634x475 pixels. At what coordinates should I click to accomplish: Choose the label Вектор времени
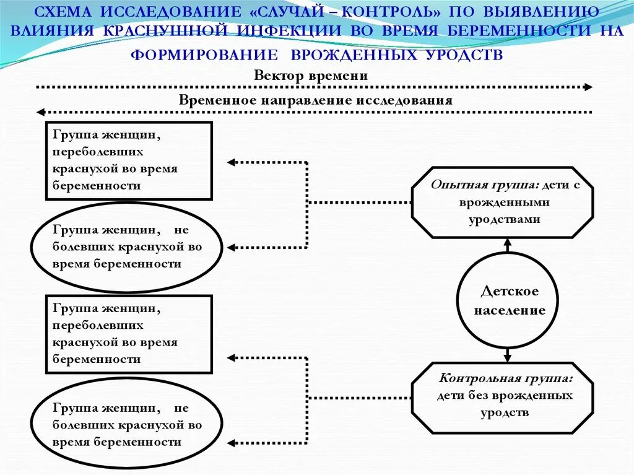pos(311,76)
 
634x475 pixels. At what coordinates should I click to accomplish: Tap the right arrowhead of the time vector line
pos(588,87)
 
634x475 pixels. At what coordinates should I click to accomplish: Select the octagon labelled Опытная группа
pos(502,202)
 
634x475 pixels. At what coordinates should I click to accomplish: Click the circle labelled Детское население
pos(507,300)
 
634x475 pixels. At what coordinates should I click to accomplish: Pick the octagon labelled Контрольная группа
pos(502,397)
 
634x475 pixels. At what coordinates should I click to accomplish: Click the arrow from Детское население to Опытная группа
pos(508,245)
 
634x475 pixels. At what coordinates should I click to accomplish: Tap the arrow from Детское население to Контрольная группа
pos(508,355)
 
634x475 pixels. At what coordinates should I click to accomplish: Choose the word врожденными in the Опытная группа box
pos(505,202)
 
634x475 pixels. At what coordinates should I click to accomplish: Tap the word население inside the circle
pos(510,310)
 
